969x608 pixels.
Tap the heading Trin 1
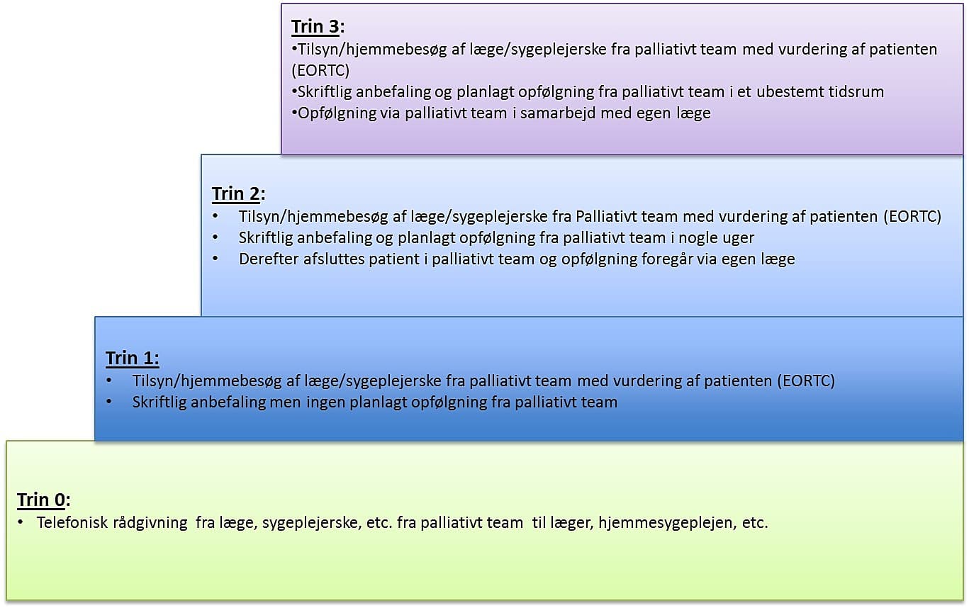(x=133, y=359)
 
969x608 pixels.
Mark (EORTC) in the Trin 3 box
(x=321, y=71)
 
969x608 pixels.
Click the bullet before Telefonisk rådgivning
(x=21, y=523)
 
